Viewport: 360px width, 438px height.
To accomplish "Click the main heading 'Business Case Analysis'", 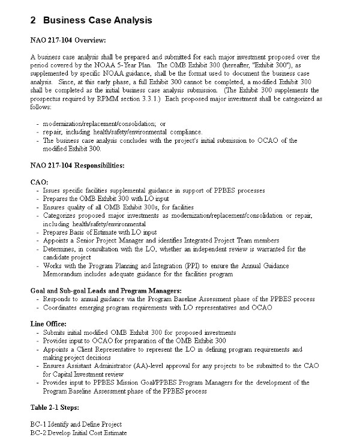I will click(x=97, y=20).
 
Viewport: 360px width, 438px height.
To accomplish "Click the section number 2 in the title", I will click(x=33, y=20).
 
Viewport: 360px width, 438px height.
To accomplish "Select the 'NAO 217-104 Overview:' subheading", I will click(x=68, y=41).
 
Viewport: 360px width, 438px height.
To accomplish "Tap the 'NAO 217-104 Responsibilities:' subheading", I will click(x=77, y=164).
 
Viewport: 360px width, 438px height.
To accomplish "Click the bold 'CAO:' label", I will click(x=39, y=181).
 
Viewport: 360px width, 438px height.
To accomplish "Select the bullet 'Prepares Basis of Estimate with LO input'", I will click(x=100, y=232).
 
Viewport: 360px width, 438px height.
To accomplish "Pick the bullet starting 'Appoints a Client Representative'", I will click(x=172, y=349).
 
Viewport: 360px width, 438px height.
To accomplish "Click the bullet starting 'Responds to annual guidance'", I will click(x=179, y=299).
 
